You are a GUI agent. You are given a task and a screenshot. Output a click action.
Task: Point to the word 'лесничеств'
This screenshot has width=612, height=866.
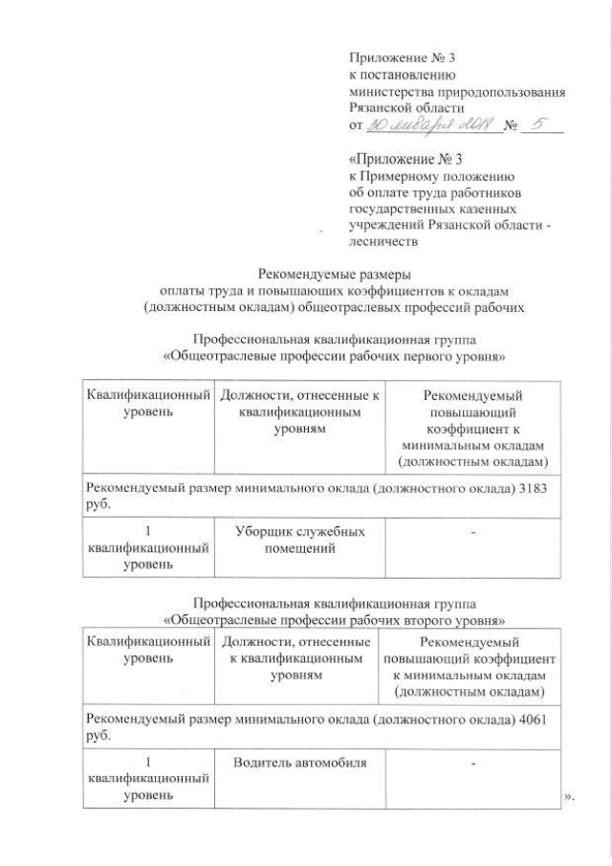[x=383, y=242]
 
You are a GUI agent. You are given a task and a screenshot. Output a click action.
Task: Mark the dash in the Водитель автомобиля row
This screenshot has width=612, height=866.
[x=473, y=762]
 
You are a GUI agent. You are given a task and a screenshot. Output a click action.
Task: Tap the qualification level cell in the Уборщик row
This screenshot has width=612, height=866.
[x=147, y=546]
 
